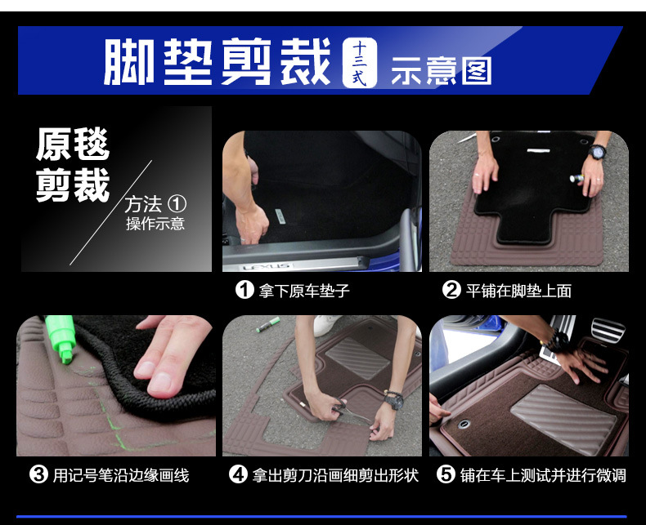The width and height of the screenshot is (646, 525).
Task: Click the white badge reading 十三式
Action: tap(359, 63)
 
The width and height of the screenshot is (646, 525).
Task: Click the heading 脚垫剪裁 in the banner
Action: tap(218, 62)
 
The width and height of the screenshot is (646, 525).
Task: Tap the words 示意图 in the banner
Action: tap(441, 71)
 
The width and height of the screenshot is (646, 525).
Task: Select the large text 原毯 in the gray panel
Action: tap(73, 144)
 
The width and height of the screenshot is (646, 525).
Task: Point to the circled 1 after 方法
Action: tap(177, 204)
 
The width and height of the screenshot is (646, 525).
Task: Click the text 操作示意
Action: tap(155, 224)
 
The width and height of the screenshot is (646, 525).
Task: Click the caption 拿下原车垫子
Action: tap(304, 291)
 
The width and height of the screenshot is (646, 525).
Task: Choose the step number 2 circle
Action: tap(451, 290)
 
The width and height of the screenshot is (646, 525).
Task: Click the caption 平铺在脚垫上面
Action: tap(518, 291)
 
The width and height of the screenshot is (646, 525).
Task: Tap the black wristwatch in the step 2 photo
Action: tap(597, 152)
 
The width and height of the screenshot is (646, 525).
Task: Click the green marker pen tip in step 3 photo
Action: tap(65, 355)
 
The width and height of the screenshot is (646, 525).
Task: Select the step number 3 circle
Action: tap(38, 474)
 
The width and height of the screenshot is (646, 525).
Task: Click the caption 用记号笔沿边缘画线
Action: tap(121, 476)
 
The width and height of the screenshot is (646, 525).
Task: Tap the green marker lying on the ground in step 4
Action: tap(267, 325)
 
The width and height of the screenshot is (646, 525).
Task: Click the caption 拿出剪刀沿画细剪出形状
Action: tap(335, 476)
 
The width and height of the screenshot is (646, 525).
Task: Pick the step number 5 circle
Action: tap(446, 474)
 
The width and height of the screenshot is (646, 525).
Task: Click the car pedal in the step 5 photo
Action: tap(608, 331)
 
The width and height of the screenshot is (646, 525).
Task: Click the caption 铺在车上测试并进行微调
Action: tap(543, 476)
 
